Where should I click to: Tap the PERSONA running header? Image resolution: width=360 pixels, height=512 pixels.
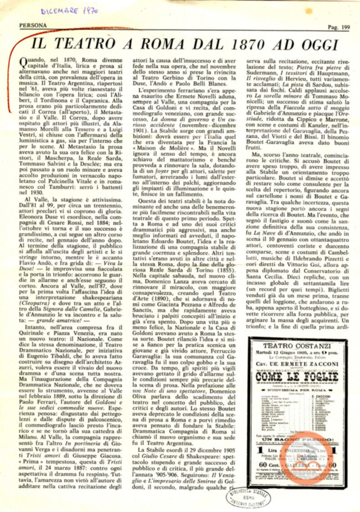33,26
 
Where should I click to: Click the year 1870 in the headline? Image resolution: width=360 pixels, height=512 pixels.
239,45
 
